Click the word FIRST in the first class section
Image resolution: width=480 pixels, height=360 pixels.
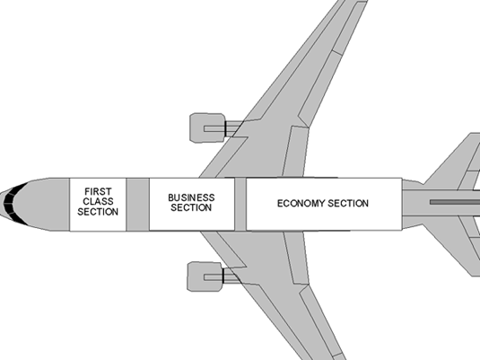click(x=98, y=191)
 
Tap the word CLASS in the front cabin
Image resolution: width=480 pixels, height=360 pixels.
click(x=98, y=201)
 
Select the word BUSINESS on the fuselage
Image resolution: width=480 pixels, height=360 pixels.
click(x=191, y=198)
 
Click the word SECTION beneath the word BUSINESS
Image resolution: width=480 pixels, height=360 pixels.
click(x=191, y=207)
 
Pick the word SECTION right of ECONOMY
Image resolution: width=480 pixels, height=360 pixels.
click(x=348, y=204)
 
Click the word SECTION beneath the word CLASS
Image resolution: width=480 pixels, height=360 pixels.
click(x=98, y=212)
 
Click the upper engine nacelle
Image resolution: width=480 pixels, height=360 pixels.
click(x=207, y=127)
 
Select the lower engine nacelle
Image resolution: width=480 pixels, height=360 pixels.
click(x=205, y=277)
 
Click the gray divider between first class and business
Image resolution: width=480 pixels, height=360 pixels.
click(x=138, y=205)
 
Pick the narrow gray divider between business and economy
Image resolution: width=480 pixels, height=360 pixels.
click(x=240, y=205)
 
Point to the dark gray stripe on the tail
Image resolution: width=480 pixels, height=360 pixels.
click(x=455, y=202)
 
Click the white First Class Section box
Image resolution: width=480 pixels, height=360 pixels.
click(x=98, y=205)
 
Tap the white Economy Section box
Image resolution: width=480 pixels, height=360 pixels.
click(x=324, y=204)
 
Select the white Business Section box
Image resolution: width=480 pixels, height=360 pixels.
click(x=192, y=205)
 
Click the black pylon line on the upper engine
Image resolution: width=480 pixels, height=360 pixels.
click(x=225, y=128)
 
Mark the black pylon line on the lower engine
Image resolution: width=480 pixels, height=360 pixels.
click(x=223, y=276)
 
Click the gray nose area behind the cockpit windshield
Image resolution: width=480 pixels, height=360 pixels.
click(x=43, y=205)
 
